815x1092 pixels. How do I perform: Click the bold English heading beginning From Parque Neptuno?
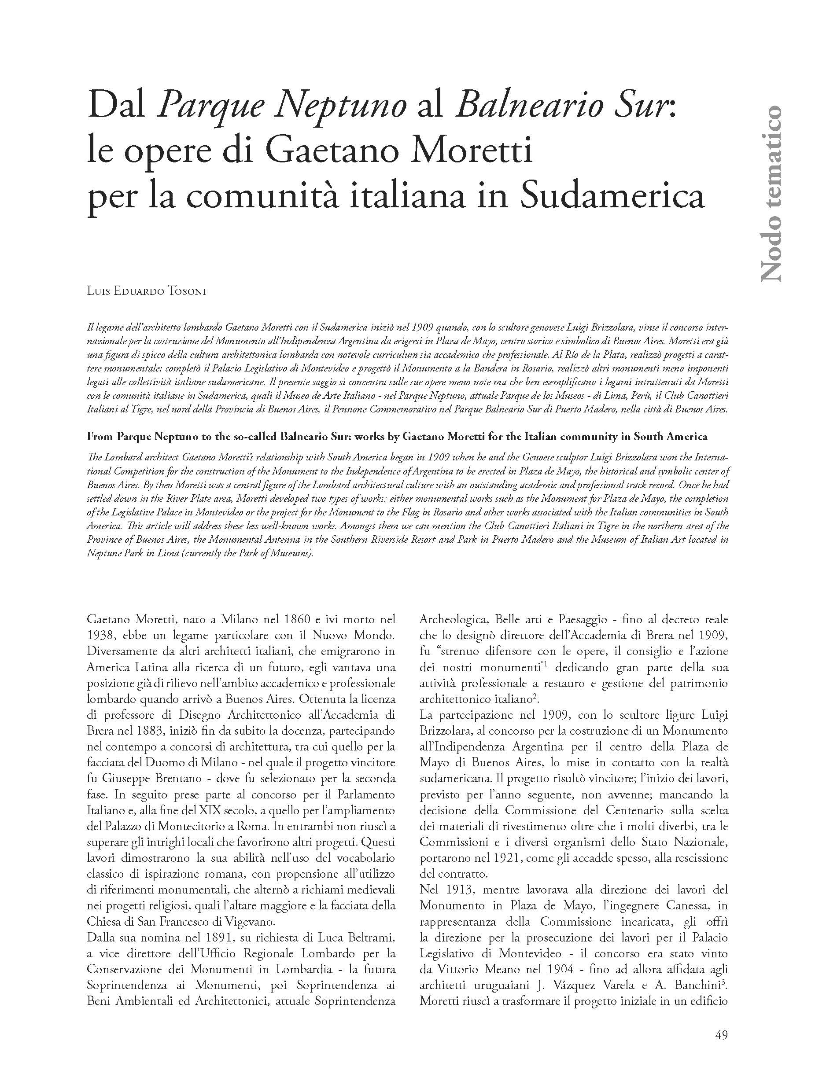[x=397, y=437]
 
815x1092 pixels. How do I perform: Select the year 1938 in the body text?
[x=99, y=635]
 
